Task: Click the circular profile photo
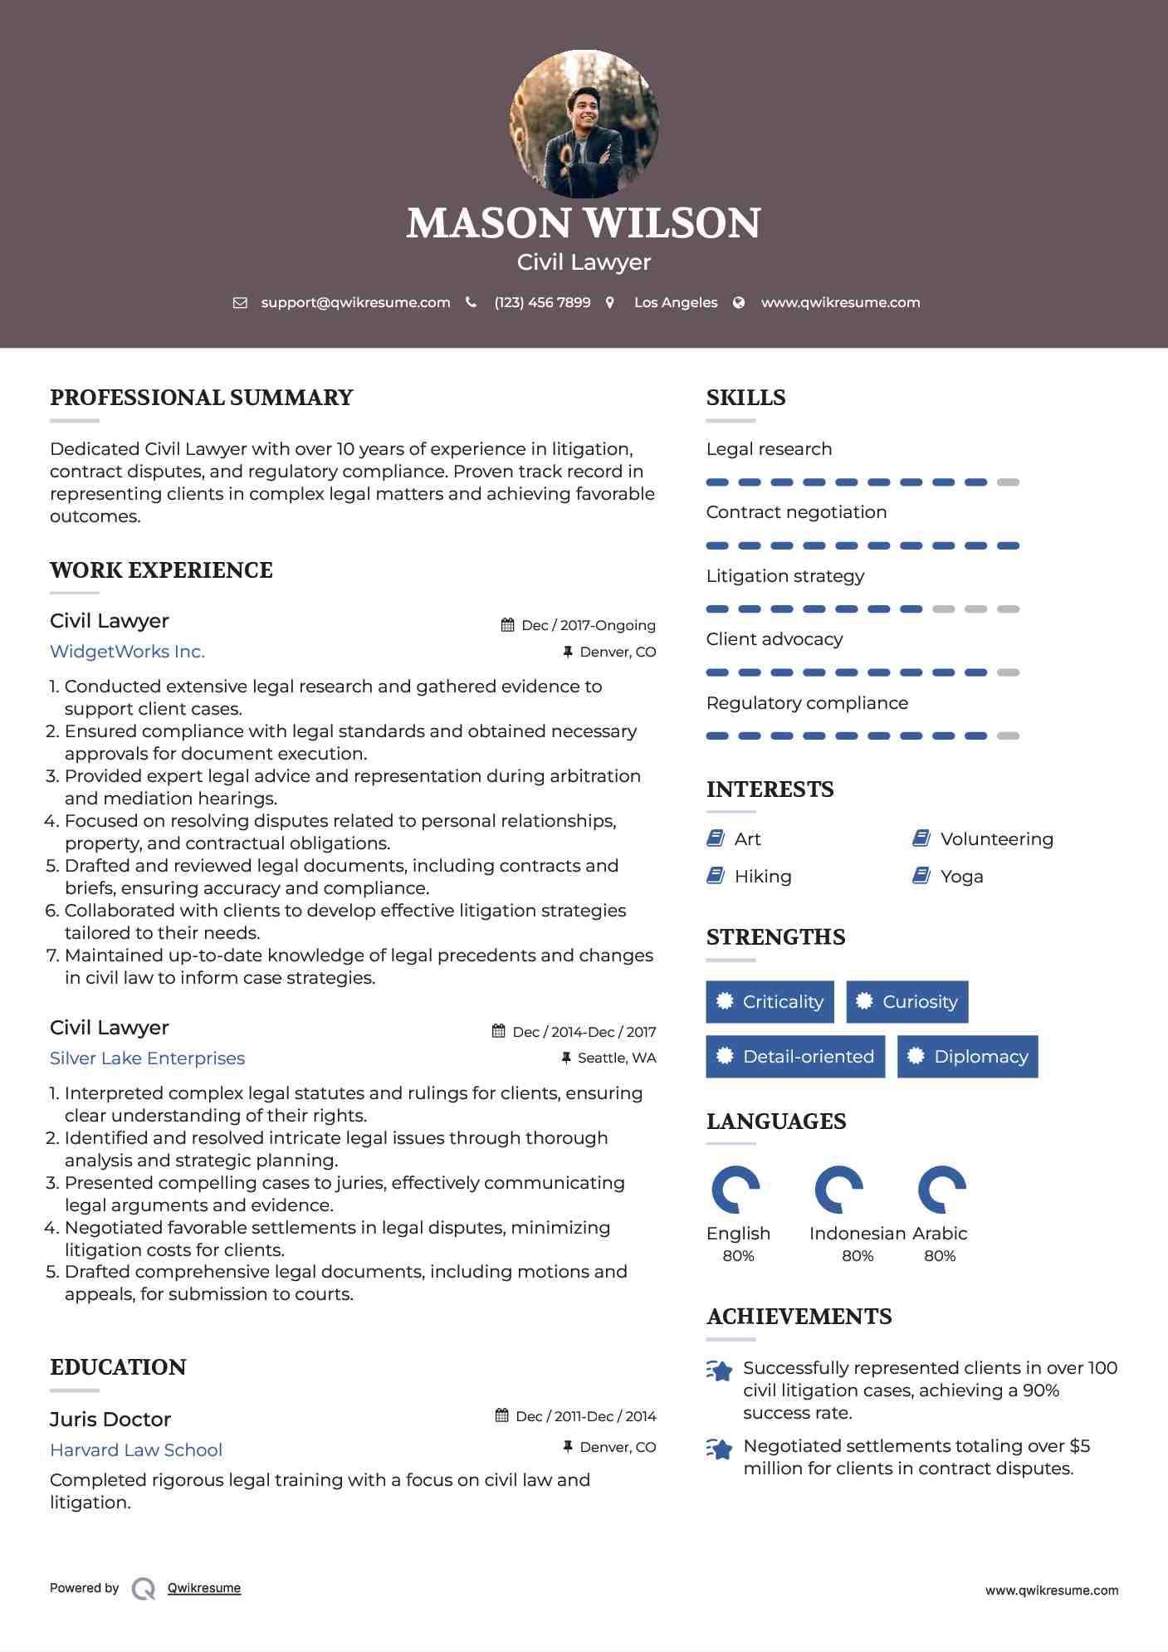pyautogui.click(x=584, y=125)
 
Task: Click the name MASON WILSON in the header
pyautogui.click(x=584, y=223)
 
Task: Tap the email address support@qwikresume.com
pyautogui.click(x=355, y=302)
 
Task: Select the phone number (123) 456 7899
pyautogui.click(x=542, y=302)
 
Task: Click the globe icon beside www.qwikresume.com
pyautogui.click(x=738, y=303)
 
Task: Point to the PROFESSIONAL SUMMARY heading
pyautogui.click(x=202, y=398)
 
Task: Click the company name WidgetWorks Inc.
pyautogui.click(x=127, y=652)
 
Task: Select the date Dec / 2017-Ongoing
pyautogui.click(x=588, y=625)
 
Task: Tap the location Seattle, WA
pyautogui.click(x=616, y=1058)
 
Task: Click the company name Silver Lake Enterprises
pyautogui.click(x=147, y=1058)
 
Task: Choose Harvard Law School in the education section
pyautogui.click(x=136, y=1450)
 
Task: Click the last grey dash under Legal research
pyautogui.click(x=1008, y=482)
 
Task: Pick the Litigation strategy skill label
pyautogui.click(x=784, y=576)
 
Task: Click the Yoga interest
pyautogui.click(x=961, y=877)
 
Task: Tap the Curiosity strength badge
pyautogui.click(x=907, y=1002)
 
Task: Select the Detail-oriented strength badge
pyautogui.click(x=794, y=1057)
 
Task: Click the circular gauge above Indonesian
pyautogui.click(x=838, y=1190)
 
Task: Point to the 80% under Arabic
pyautogui.click(x=940, y=1256)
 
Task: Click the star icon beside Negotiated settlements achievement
pyautogui.click(x=720, y=1449)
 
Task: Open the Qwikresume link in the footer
pyautogui.click(x=203, y=1588)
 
